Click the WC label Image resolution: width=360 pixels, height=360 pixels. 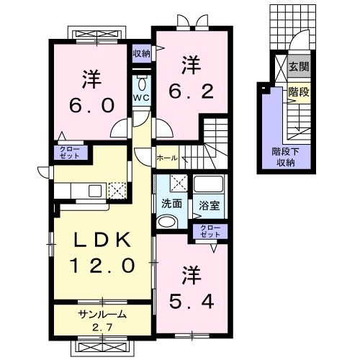(142, 97)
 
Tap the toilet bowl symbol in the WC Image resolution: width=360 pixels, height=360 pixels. (142, 83)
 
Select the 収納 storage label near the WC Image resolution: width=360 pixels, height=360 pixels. (142, 54)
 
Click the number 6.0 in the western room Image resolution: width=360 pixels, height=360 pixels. (91, 106)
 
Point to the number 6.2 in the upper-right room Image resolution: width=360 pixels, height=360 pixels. (192, 91)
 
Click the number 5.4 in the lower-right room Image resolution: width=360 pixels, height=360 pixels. (192, 302)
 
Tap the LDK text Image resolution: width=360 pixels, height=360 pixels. (102, 240)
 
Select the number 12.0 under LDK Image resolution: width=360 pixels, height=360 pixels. (102, 266)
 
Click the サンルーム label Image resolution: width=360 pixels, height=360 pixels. (102, 314)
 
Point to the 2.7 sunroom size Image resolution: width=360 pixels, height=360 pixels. (103, 327)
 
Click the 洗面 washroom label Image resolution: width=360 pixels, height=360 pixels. (171, 204)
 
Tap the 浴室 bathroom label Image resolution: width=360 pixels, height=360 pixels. (210, 205)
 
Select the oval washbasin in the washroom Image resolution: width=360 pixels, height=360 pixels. (167, 222)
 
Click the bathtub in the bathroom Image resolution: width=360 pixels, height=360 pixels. (209, 184)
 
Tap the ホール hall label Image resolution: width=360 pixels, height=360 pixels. (167, 158)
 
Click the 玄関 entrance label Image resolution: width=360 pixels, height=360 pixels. (299, 66)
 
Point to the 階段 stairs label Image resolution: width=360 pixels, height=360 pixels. (299, 92)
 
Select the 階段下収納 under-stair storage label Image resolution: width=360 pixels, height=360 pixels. (285, 157)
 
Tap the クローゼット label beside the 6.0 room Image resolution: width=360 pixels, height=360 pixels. (70, 152)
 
